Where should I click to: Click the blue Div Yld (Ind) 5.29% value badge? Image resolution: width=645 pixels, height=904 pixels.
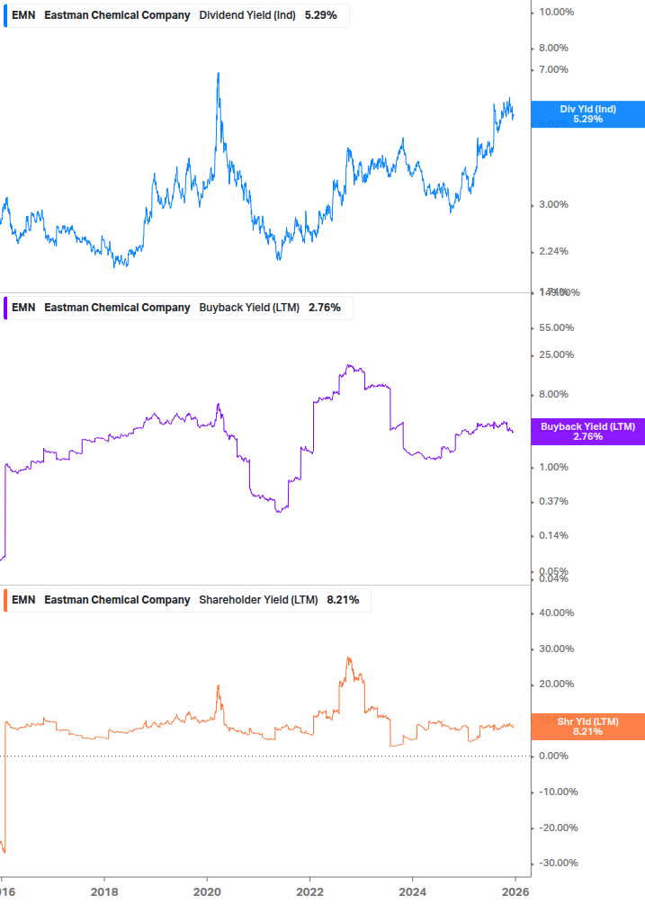coord(587,114)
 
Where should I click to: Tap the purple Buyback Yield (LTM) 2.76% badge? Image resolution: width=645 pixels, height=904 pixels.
coord(587,431)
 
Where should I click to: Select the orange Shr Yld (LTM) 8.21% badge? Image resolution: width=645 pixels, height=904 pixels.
coord(587,726)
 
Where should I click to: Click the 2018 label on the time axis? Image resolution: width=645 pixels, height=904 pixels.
coord(104,891)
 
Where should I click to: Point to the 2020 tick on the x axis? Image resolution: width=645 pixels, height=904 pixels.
coord(207,891)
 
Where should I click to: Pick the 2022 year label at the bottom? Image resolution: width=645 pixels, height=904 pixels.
coord(309,891)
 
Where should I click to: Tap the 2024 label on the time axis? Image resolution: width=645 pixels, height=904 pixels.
coord(412,891)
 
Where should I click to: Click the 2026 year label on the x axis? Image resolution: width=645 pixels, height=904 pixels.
coord(515,891)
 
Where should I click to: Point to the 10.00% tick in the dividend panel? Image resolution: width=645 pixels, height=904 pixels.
coord(557,12)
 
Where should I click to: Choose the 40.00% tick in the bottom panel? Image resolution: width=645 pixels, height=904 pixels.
coord(557,613)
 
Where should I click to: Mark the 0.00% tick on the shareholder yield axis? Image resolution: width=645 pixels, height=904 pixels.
coord(554,756)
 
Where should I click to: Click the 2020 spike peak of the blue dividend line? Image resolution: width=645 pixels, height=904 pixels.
coord(219,73)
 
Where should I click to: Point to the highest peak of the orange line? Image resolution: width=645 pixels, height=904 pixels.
coord(348,658)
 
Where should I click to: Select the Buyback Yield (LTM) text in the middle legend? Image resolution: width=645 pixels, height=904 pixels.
coord(249,308)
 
